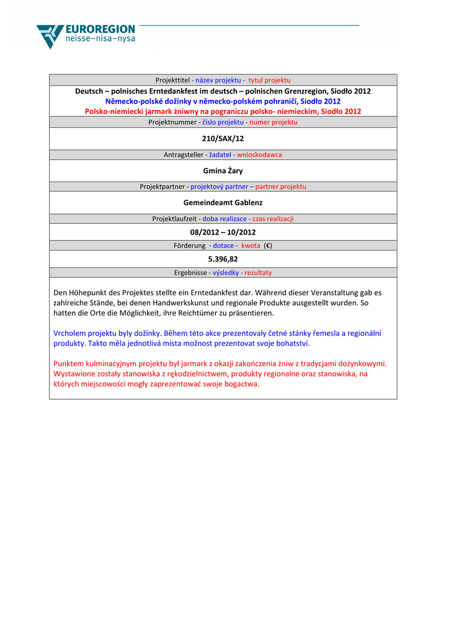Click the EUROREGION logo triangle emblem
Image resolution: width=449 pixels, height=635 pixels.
click(50, 36)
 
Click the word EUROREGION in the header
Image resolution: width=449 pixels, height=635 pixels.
click(100, 29)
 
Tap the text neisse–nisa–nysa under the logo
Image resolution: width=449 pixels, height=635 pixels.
click(100, 39)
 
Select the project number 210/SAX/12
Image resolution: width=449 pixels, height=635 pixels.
click(223, 138)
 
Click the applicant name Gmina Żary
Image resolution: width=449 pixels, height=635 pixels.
click(223, 171)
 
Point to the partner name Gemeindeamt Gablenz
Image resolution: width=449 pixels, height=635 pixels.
click(223, 202)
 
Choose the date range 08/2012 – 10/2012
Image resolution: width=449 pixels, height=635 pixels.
click(223, 232)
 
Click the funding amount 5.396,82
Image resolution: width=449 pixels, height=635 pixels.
click(223, 259)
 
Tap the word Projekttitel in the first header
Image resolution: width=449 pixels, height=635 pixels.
click(172, 81)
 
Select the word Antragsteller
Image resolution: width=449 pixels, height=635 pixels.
click(183, 154)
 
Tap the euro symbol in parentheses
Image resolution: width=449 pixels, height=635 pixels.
click(268, 246)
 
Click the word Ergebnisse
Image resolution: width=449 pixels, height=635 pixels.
click(190, 273)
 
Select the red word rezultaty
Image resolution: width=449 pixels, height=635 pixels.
click(258, 273)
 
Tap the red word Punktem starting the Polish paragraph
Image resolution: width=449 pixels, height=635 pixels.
click(69, 363)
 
